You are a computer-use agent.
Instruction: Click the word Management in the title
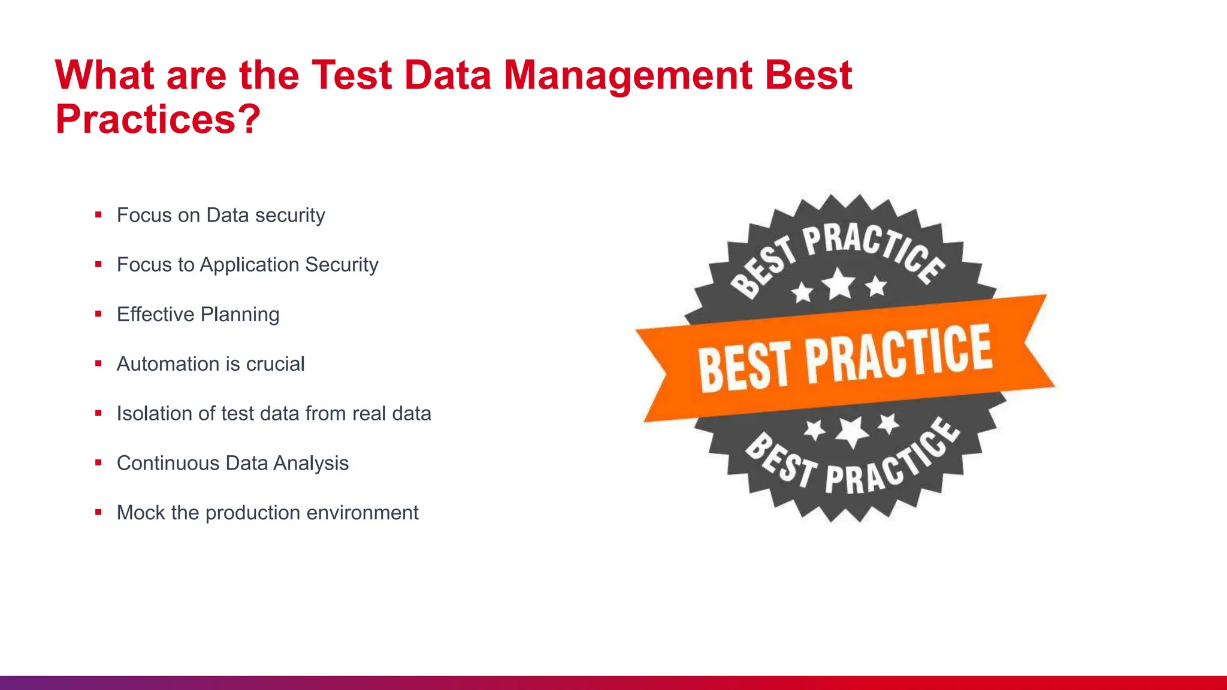coord(627,75)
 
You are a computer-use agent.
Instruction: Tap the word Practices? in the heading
coord(158,119)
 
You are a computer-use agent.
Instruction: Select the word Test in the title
coord(351,75)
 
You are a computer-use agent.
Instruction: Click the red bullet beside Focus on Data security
coord(98,214)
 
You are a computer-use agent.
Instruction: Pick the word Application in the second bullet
coord(249,265)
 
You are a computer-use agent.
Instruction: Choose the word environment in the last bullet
coord(360,513)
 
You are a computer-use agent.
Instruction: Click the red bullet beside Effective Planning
coord(98,314)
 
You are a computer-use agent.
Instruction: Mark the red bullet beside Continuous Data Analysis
coord(98,462)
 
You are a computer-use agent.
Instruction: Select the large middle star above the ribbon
coord(839,283)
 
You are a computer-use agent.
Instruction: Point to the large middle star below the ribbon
coord(851,431)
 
